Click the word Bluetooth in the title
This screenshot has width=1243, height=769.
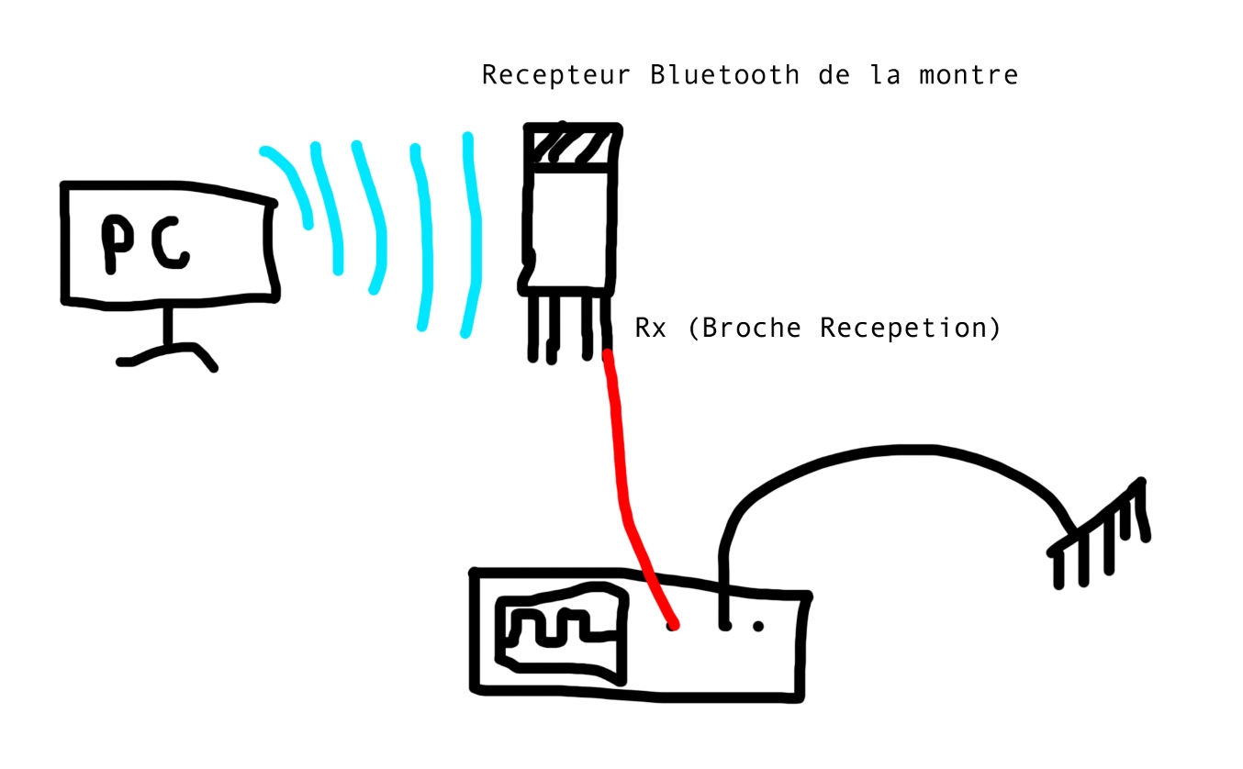click(x=724, y=74)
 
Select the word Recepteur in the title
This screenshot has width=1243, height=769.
click(x=555, y=74)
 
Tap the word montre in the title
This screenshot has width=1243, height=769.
click(x=969, y=74)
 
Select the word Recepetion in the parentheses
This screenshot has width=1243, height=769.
click(x=904, y=328)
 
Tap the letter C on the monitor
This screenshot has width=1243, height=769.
click(x=171, y=243)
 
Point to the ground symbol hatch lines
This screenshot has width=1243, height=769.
click(x=1102, y=537)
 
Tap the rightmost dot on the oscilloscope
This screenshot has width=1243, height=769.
click(x=758, y=627)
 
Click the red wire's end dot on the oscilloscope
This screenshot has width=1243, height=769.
click(x=674, y=626)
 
